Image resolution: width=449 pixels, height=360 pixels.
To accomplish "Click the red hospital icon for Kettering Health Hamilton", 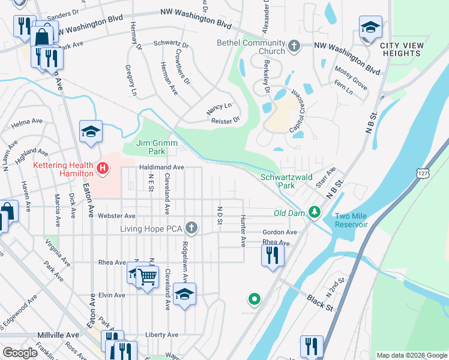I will tap(103, 169).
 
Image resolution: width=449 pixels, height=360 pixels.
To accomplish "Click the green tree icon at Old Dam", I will tap(313, 212).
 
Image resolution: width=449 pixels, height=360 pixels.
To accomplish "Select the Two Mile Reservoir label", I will tap(351, 220).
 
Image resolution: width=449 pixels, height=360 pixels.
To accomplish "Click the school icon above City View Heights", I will tap(370, 27).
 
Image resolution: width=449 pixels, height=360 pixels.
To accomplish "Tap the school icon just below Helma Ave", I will tap(91, 131).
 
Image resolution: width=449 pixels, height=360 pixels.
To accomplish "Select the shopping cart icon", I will tap(147, 277).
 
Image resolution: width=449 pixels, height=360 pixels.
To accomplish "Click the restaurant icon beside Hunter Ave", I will tap(272, 254).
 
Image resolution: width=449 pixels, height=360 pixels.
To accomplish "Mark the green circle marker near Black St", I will tap(255, 298).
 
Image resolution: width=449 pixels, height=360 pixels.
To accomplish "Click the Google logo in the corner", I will tap(20, 353).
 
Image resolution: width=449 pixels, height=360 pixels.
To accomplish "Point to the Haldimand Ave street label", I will tap(161, 168).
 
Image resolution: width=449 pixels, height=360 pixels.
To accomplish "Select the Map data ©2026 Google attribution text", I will tap(411, 355).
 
